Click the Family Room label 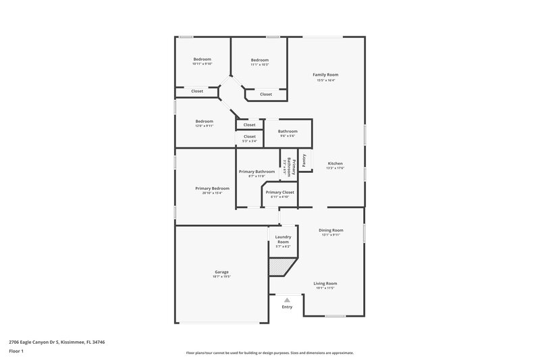[325, 74]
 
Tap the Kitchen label [335, 164]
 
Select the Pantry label [304, 160]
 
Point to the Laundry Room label [283, 238]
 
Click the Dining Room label [331, 230]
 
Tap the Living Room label [325, 284]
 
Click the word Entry [288, 307]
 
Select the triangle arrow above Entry [288, 300]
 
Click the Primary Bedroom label [213, 188]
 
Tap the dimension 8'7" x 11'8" [256, 176]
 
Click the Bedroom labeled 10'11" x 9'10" [202, 59]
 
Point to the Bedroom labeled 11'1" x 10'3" [260, 60]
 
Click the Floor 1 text [16, 352]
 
